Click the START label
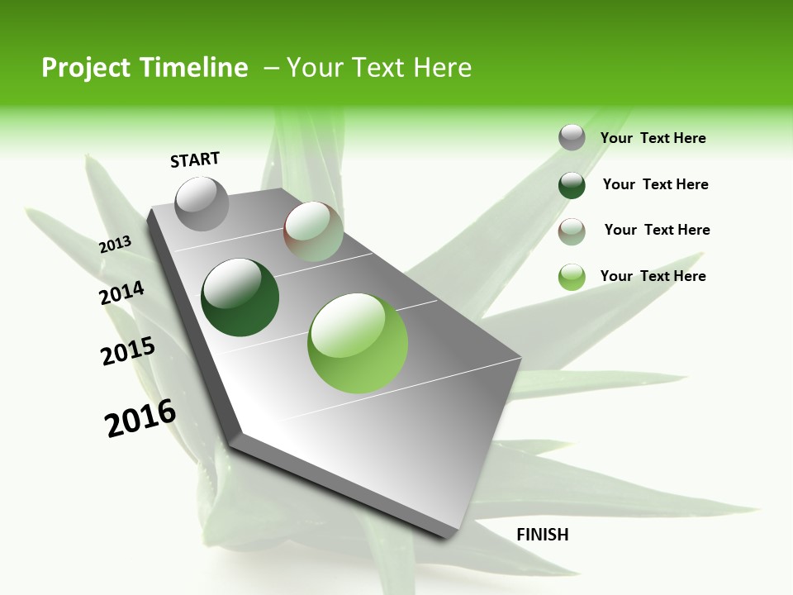click(x=195, y=159)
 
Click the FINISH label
click(x=543, y=535)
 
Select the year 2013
click(x=115, y=245)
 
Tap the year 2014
click(x=122, y=293)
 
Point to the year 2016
click(x=140, y=418)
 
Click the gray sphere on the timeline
click(x=202, y=203)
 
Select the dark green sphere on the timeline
click(x=240, y=297)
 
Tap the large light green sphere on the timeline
click(x=359, y=343)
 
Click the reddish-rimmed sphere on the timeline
click(x=313, y=231)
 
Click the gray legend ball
click(x=572, y=137)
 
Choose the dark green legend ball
click(x=572, y=184)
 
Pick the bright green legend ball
click(x=572, y=277)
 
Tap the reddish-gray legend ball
click(x=572, y=231)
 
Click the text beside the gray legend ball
click(x=653, y=138)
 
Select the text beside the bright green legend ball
click(x=653, y=276)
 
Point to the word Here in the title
click(x=442, y=68)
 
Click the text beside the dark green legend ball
click(x=655, y=184)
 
